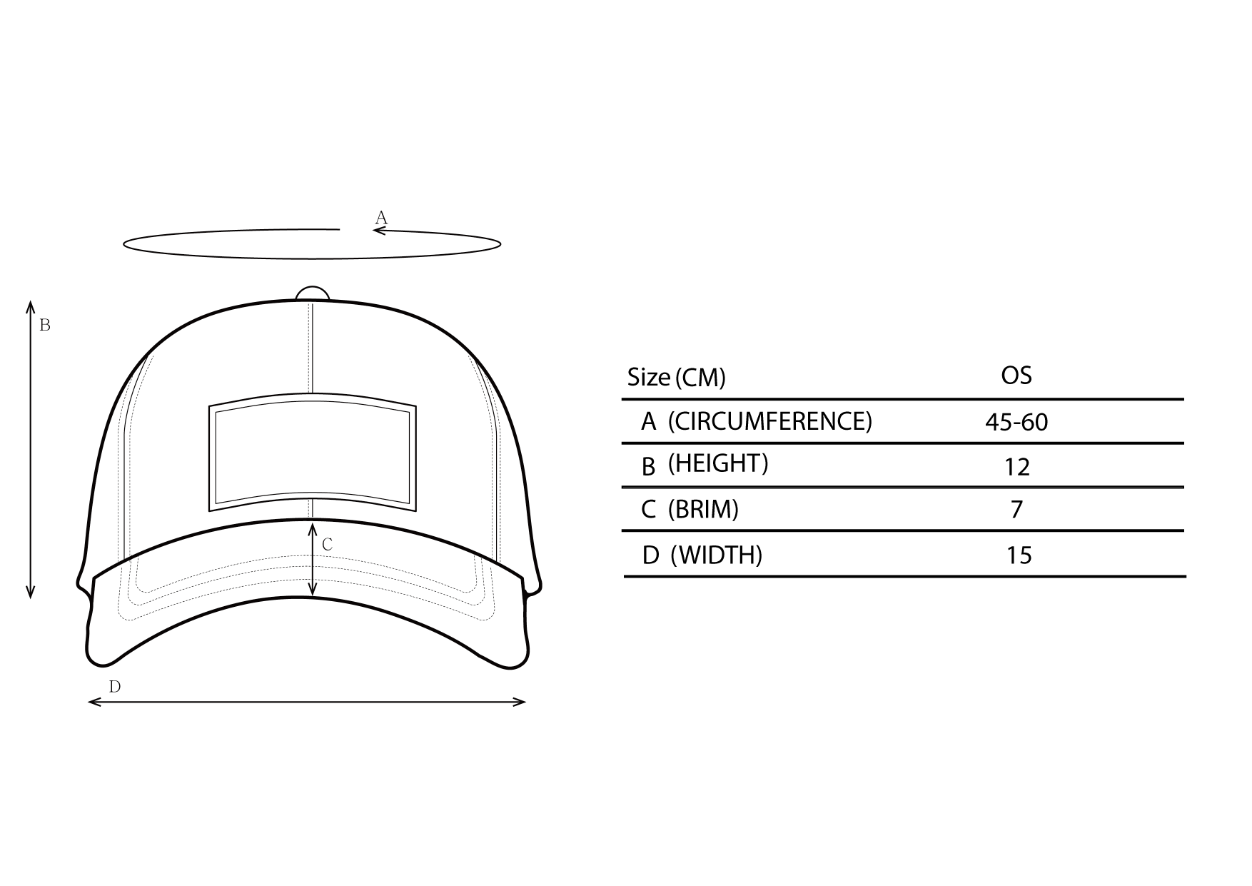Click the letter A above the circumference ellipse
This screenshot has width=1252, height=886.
pos(381,217)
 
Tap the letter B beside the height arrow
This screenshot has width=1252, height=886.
pos(45,325)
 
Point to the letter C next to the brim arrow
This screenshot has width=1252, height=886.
pos(328,544)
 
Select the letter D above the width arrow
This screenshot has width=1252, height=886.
pos(115,687)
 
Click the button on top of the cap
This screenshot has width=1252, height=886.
pos(313,293)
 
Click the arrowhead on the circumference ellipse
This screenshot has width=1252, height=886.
pos(379,230)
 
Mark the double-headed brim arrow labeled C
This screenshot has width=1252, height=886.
pos(313,559)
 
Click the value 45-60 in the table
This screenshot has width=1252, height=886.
pos(1016,422)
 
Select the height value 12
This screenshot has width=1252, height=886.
pos(1017,467)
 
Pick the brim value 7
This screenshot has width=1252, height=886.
pos(1017,509)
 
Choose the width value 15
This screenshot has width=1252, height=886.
pos(1019,555)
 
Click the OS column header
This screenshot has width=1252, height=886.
pos(1016,375)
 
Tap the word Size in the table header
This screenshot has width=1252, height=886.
pos(648,377)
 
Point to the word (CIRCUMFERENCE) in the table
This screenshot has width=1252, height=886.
pos(770,421)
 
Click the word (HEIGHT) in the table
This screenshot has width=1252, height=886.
pos(718,463)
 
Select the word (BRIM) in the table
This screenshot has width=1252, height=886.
pos(703,509)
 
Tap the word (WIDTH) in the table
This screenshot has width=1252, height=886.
pos(717,555)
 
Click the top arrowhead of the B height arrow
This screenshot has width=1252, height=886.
pos(31,307)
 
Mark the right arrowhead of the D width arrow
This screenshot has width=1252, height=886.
pos(520,702)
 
